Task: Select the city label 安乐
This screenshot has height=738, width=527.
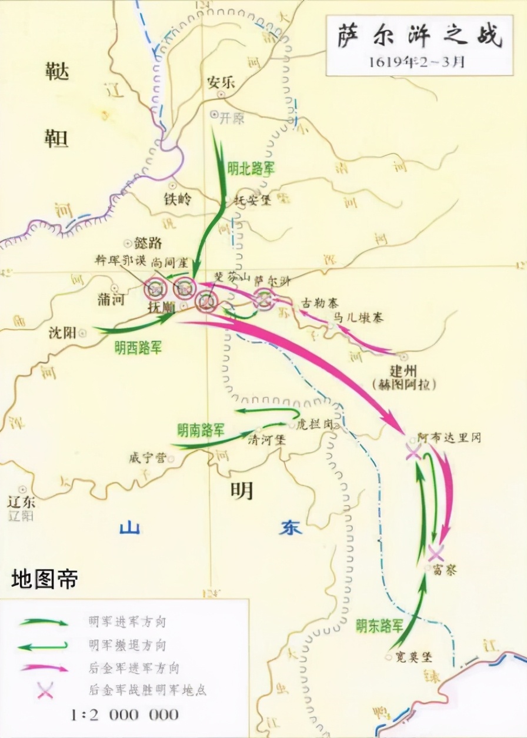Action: coord(221,82)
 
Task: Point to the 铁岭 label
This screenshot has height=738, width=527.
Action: coord(178,200)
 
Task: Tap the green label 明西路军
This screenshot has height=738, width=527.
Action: coord(138,348)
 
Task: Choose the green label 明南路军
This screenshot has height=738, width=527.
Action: coord(201,429)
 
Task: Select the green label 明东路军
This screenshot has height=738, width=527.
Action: coord(379,626)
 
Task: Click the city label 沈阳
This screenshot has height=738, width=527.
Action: coord(63,333)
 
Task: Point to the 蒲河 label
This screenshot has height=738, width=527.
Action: coord(111,300)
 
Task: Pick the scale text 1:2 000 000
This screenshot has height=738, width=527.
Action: coord(124,714)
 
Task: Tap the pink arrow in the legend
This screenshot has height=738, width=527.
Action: coord(44,668)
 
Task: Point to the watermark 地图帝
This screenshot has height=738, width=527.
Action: coord(45,579)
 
